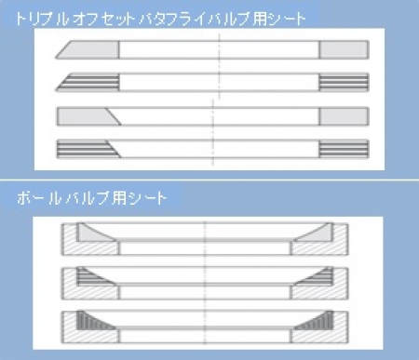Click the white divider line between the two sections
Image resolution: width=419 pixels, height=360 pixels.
click(x=209, y=180)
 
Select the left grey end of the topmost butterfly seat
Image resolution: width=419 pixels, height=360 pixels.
click(x=86, y=49)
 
